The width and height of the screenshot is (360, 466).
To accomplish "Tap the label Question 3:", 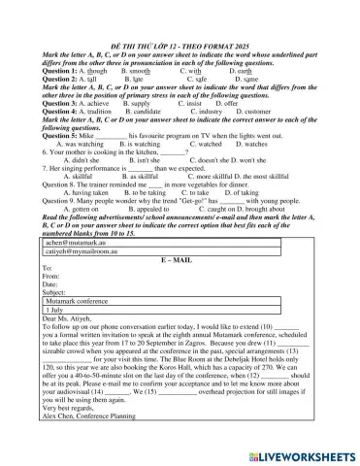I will pos(63,102).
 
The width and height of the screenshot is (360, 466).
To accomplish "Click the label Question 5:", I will pos(63,137).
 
